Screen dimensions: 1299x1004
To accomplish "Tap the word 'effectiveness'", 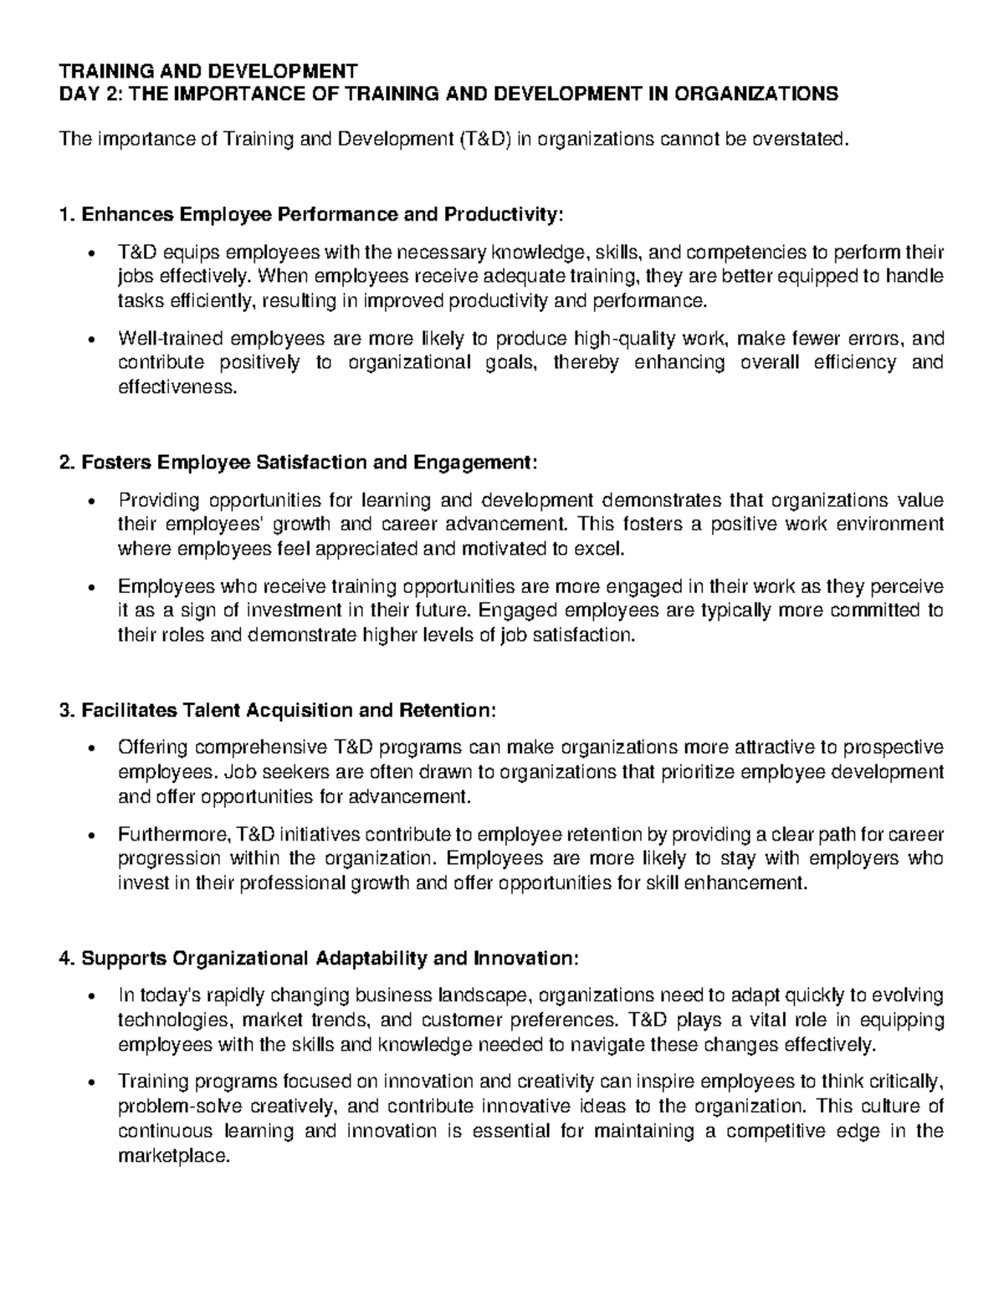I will pyautogui.click(x=177, y=387).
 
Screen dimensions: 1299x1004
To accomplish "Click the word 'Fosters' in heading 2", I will pyautogui.click(x=116, y=463).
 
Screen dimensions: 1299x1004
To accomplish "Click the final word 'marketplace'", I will pyautogui.click(x=172, y=1157).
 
